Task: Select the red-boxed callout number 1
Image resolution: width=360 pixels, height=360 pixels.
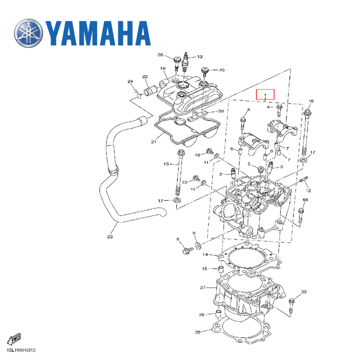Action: tap(265, 95)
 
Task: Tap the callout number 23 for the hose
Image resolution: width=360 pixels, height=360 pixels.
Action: tap(110, 237)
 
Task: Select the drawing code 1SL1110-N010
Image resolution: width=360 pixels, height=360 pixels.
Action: tap(21, 350)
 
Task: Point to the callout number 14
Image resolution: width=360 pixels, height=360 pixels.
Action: tap(205, 255)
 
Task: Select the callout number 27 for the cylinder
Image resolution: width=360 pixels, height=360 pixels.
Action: tap(202, 288)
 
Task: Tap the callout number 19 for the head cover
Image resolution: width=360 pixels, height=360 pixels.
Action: tap(162, 68)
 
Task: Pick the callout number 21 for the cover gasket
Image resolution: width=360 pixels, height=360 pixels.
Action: tap(153, 142)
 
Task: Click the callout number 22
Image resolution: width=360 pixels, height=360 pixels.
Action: tap(145, 77)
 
